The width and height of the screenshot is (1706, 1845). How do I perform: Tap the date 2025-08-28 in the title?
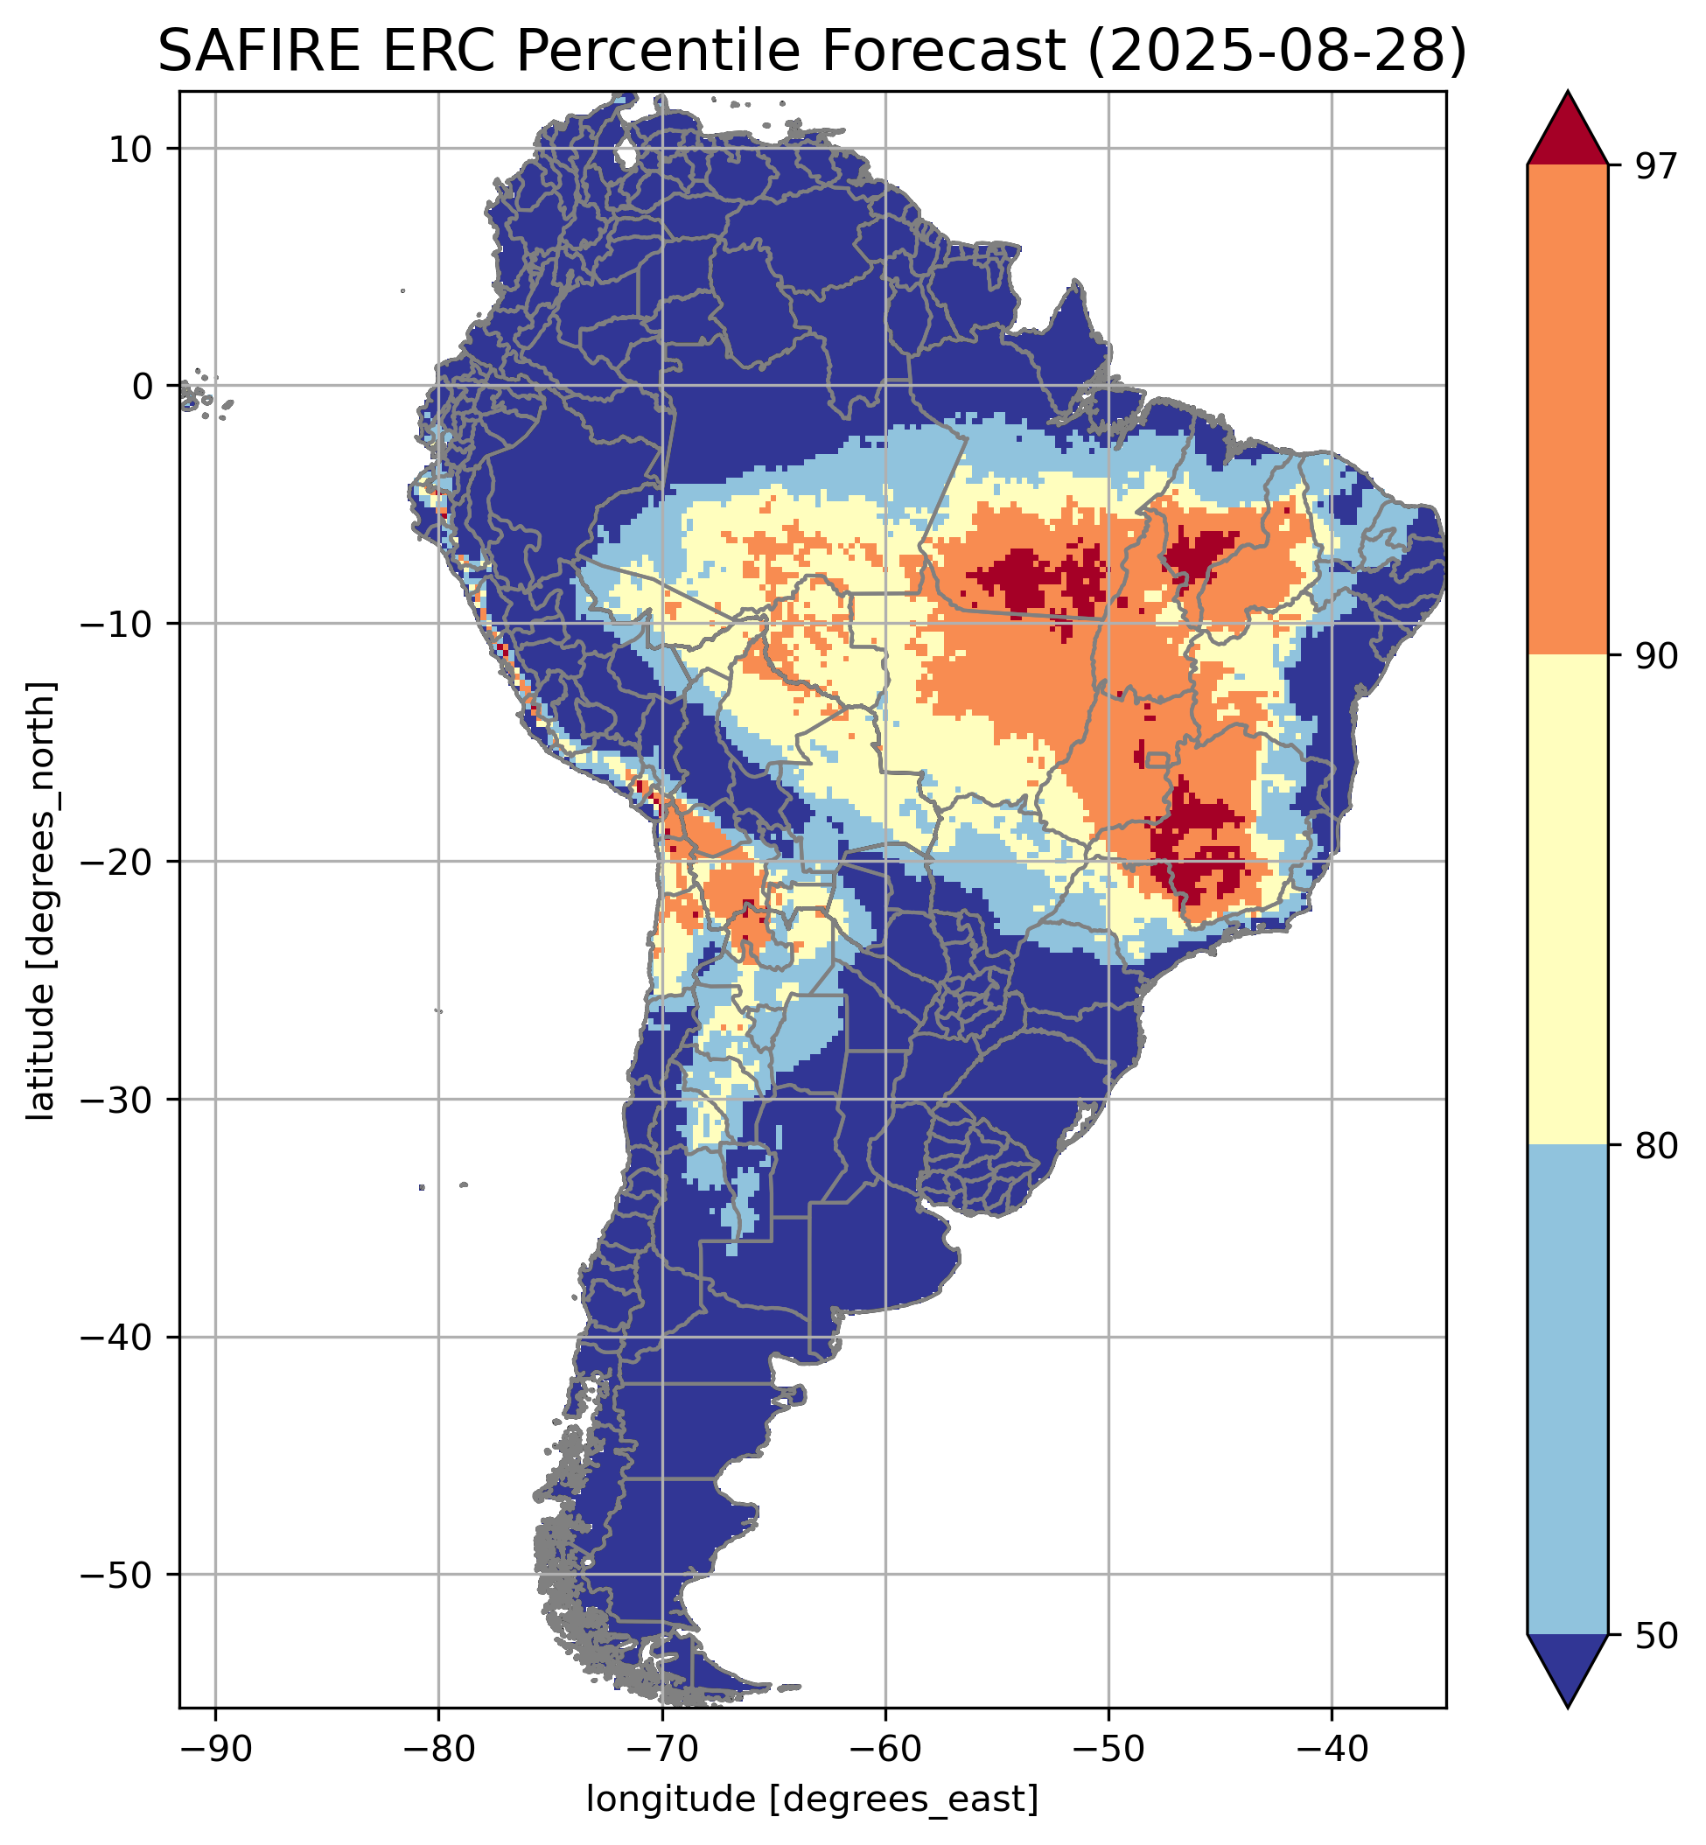coord(1276,51)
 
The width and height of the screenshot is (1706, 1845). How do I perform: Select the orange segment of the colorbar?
coord(1567,410)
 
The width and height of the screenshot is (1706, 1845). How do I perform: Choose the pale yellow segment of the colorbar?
coord(1567,900)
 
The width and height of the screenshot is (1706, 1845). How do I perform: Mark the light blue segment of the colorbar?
coord(1567,1389)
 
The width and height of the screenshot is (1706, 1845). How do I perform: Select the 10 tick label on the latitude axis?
coord(132,149)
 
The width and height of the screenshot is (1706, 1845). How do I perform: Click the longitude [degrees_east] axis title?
coord(813,1794)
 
